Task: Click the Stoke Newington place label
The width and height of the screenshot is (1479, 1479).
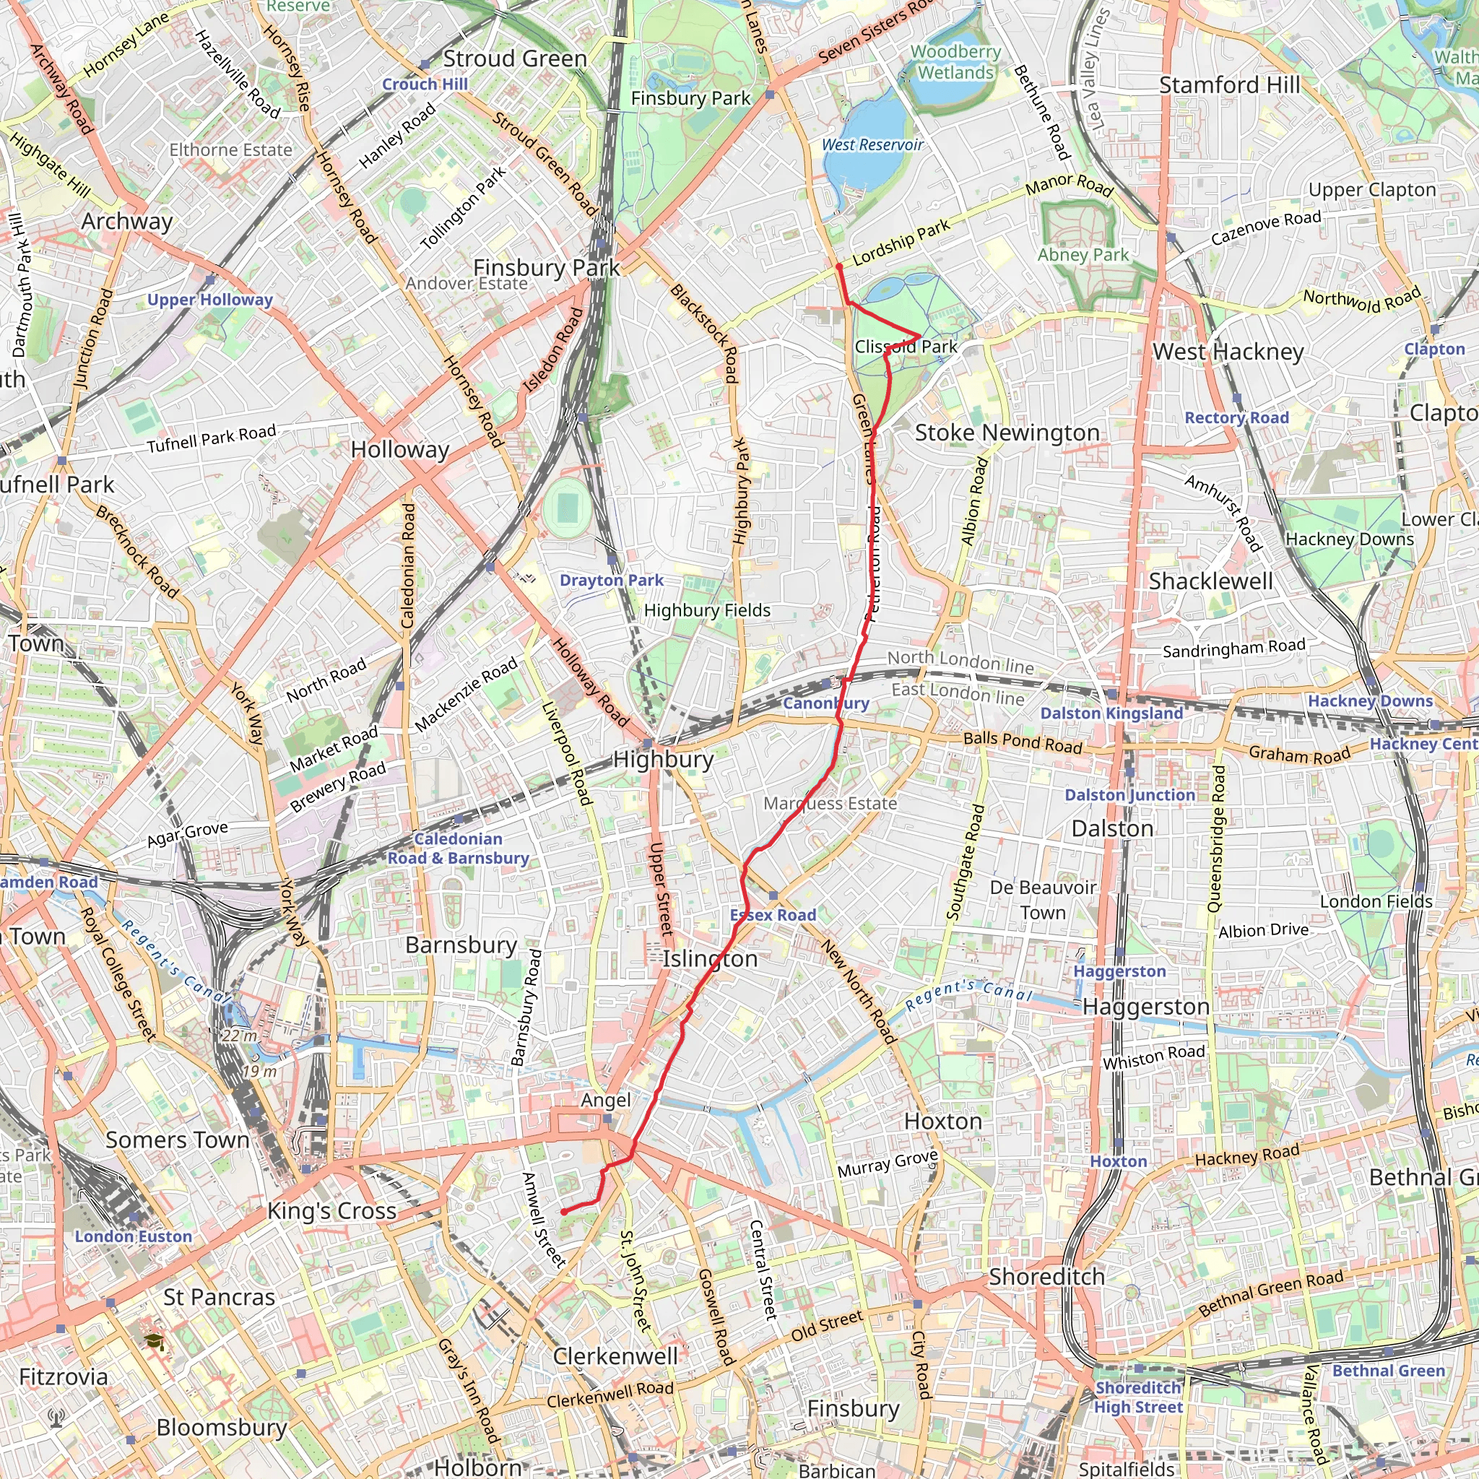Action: pyautogui.click(x=1007, y=433)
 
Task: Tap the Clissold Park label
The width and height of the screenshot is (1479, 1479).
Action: pyautogui.click(x=906, y=347)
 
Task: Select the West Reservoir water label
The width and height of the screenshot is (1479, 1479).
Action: pyautogui.click(x=872, y=144)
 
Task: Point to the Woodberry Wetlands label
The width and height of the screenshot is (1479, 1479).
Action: pyautogui.click(x=955, y=62)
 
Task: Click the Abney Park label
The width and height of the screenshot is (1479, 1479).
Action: pyautogui.click(x=1083, y=255)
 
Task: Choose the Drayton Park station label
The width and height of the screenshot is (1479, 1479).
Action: pyautogui.click(x=611, y=581)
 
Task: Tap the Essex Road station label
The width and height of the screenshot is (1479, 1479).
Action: pyautogui.click(x=773, y=915)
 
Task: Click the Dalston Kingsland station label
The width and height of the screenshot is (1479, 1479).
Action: pyautogui.click(x=1111, y=714)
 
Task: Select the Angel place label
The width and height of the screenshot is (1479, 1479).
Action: pyautogui.click(x=605, y=1100)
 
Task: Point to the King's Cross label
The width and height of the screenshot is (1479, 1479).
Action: pyautogui.click(x=331, y=1211)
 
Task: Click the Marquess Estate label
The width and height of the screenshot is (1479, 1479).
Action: pyautogui.click(x=830, y=804)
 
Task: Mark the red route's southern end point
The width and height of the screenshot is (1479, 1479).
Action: pyautogui.click(x=563, y=1212)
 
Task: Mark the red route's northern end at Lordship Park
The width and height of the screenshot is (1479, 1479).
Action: pyautogui.click(x=839, y=266)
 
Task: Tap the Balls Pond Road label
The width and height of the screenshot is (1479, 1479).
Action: pyautogui.click(x=1022, y=742)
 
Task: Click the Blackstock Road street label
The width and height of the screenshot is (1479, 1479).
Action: pyautogui.click(x=704, y=333)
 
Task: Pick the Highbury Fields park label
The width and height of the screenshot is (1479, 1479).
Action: pyautogui.click(x=706, y=610)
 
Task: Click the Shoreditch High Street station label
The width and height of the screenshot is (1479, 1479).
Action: pyautogui.click(x=1137, y=1397)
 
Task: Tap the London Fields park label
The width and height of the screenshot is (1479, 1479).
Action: pyautogui.click(x=1376, y=902)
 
